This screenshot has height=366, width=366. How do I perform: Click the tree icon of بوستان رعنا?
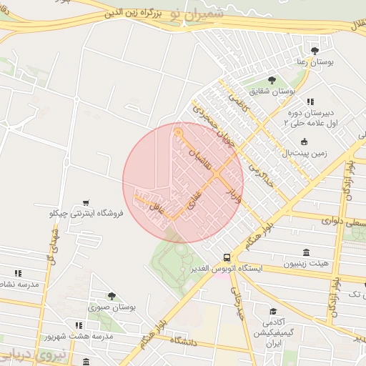coord(315,50)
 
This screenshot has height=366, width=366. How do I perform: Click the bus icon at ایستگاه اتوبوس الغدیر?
coord(227,257)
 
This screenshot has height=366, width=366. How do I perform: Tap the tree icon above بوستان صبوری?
coord(111,295)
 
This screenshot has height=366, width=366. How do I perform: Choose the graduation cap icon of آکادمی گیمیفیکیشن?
coord(273,312)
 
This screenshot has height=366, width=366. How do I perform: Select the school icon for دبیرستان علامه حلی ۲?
coord(310,102)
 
